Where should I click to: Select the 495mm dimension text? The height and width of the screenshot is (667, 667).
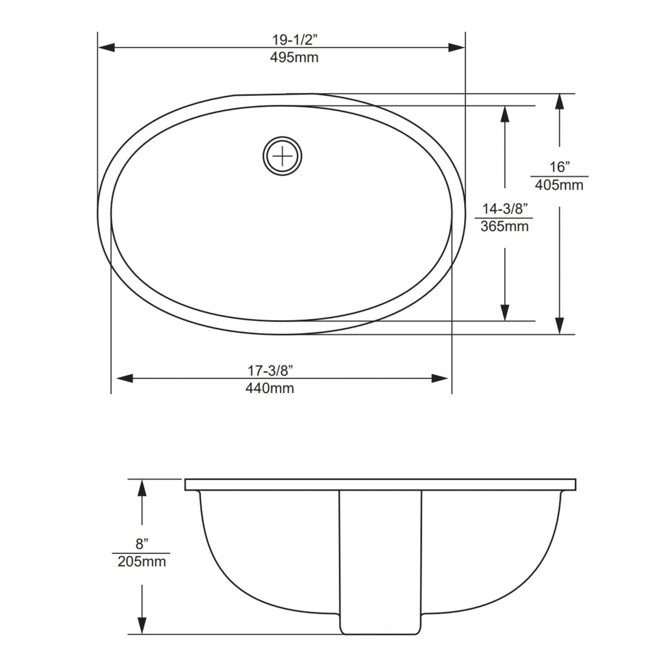point(294,58)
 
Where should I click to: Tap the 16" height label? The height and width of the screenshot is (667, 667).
point(559,167)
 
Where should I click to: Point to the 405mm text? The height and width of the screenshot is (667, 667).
point(559,185)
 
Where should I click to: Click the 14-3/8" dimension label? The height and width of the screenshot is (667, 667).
point(505,209)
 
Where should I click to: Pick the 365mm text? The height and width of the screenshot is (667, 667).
point(504,227)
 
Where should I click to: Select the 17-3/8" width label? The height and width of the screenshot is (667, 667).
point(270,370)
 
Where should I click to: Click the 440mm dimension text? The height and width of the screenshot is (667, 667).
point(270,388)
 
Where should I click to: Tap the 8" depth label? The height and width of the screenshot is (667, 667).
point(142,544)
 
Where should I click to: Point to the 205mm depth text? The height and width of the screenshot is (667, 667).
point(142,562)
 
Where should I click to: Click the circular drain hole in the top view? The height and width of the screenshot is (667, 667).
point(282,156)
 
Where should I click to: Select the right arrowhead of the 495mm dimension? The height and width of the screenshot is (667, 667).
point(457,48)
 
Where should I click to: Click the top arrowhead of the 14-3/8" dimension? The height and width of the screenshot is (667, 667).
point(505,114)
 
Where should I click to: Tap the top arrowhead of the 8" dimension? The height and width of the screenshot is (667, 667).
point(142,487)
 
